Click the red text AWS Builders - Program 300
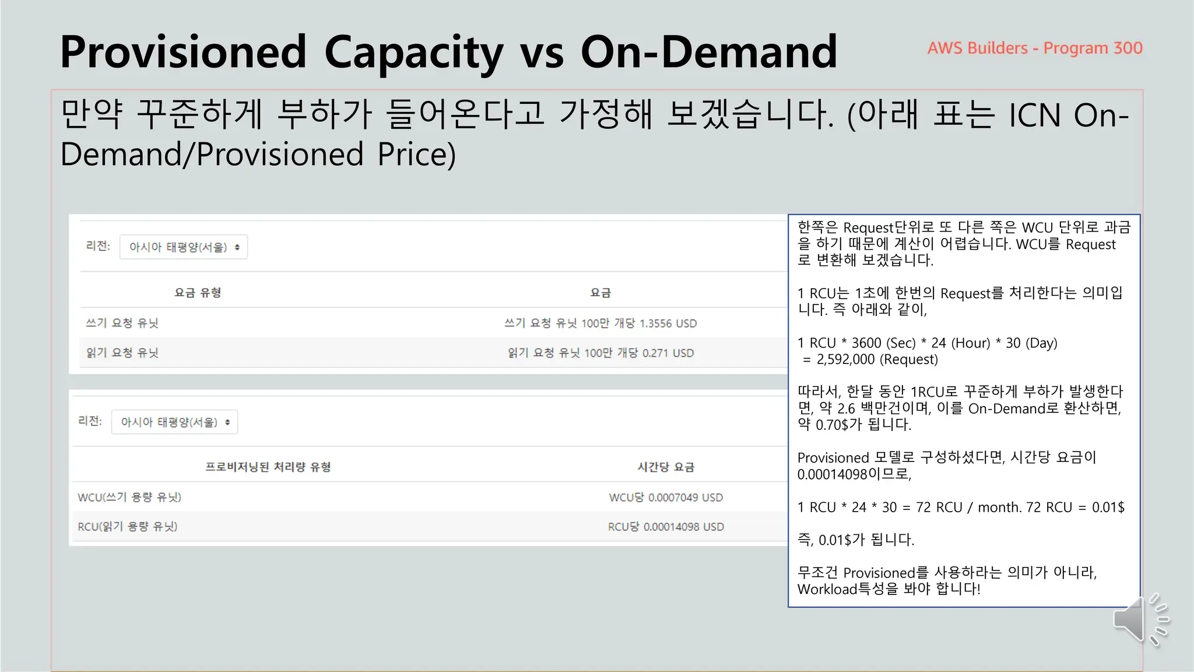[1035, 48]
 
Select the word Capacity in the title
[413, 52]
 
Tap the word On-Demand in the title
[708, 52]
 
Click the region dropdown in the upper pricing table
[184, 247]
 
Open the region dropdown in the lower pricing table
[174, 422]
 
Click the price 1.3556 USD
[668, 323]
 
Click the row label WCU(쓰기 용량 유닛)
[129, 498]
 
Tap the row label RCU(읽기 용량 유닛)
[128, 527]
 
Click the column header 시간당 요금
[666, 467]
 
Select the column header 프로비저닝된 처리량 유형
[268, 467]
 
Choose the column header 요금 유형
[198, 292]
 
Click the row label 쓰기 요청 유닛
[122, 323]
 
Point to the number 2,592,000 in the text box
[845, 359]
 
